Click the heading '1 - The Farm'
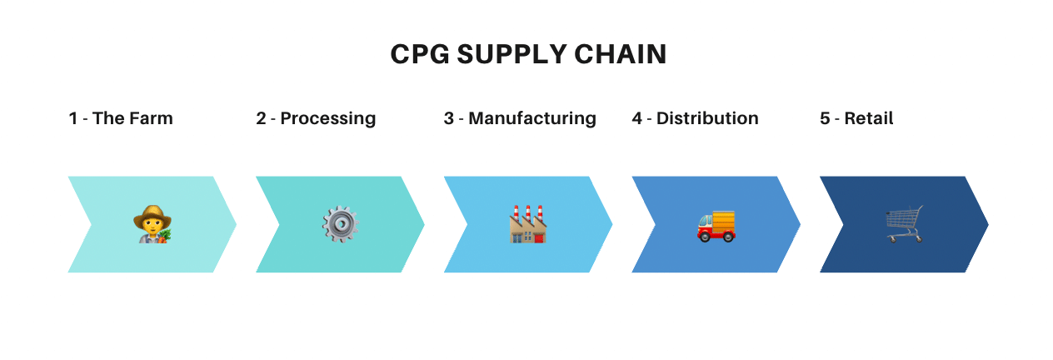[121, 118]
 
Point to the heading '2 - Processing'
[316, 118]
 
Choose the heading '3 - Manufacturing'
[520, 118]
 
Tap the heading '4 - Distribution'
[695, 118]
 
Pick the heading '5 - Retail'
[856, 118]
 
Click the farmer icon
[152, 225]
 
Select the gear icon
[340, 225]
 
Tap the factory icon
[528, 225]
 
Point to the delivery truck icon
[716, 226]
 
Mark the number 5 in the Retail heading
[825, 118]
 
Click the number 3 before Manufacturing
[449, 118]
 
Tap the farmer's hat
[152, 213]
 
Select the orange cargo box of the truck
[723, 221]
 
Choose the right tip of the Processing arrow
[423, 224]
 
